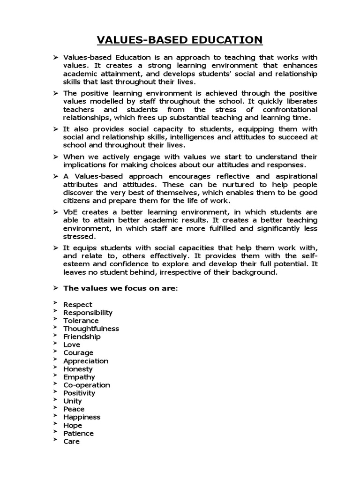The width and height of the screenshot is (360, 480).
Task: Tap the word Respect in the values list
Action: tap(78, 305)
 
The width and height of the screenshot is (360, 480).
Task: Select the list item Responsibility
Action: tap(88, 313)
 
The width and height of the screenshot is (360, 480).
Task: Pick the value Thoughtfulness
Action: tap(91, 329)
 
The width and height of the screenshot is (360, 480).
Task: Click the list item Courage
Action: tap(78, 352)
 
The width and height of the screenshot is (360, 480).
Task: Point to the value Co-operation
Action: tap(87, 385)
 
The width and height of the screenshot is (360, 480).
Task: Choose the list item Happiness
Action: tap(82, 417)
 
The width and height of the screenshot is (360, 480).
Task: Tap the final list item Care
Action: tap(72, 442)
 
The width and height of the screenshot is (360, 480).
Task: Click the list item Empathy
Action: tap(79, 377)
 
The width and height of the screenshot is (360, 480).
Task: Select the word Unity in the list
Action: tap(73, 401)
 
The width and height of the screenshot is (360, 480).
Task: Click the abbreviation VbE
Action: tap(70, 212)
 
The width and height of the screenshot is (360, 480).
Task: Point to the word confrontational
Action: tap(289, 109)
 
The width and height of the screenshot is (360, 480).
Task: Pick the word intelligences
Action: tap(181, 137)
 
